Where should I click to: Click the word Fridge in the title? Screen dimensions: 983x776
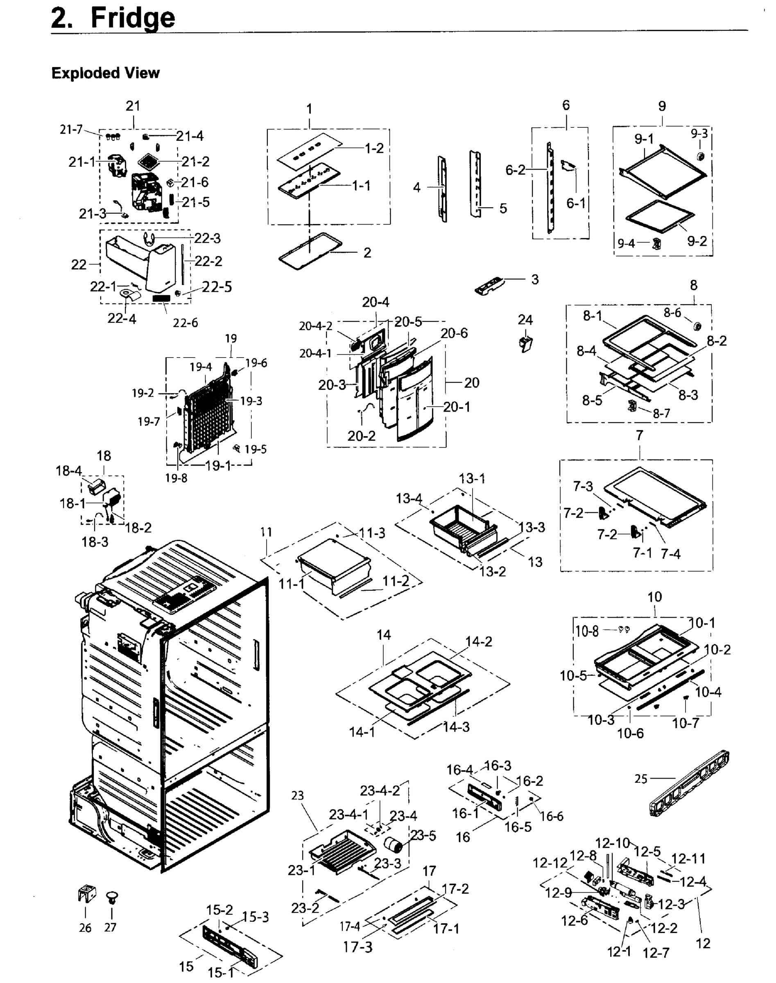(x=133, y=18)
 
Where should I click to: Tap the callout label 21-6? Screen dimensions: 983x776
(x=195, y=182)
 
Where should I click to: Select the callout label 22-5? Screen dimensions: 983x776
(x=217, y=287)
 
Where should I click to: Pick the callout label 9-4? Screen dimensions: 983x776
(x=626, y=244)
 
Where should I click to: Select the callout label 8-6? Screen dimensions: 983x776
(x=672, y=312)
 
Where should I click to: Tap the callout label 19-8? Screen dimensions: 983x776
(x=176, y=478)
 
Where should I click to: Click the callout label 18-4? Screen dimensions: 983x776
(x=69, y=471)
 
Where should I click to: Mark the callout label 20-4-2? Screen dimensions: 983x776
(x=315, y=326)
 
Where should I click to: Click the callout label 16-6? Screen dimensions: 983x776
(x=552, y=817)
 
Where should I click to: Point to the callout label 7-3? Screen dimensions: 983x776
(x=583, y=486)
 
